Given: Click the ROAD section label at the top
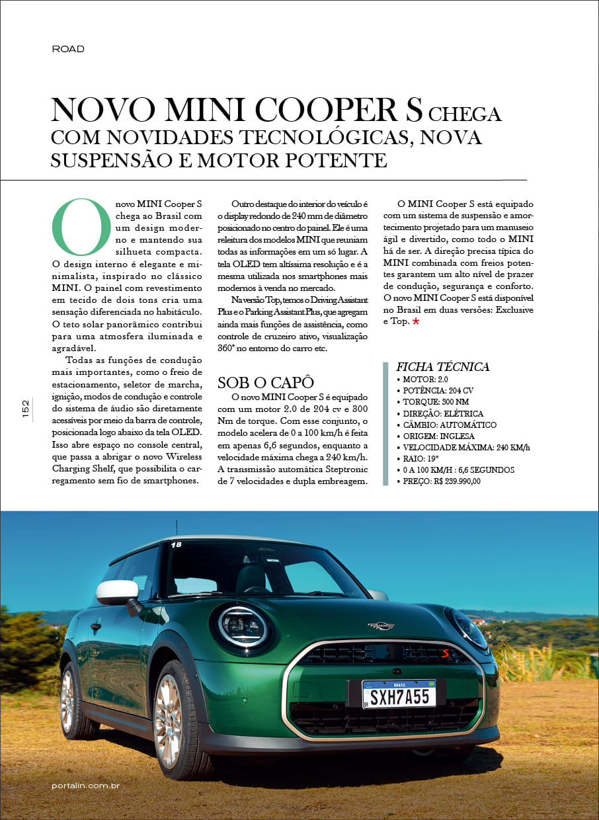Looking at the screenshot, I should pos(68,49).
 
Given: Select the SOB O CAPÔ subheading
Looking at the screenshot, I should pos(265,382).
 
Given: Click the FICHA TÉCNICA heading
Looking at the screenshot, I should pos(442,367).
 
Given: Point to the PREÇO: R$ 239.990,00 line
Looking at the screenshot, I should pos(442,481).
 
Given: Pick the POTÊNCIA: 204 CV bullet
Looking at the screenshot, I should pos(434,391).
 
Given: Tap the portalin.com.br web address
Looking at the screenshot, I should pos(85,786).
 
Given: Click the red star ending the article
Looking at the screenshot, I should pos(416,321).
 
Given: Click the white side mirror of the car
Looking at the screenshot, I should pos(117,592).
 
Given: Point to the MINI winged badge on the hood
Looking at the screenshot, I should pos(381,626).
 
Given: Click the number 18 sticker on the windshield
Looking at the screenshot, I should pos(176,545).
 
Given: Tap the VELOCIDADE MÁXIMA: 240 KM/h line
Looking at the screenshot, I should pos(465,448).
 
